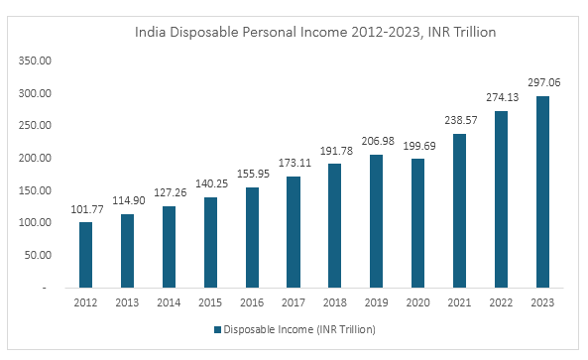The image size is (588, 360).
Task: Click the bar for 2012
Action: tap(86, 255)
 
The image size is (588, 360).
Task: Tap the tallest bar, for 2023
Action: tap(541, 191)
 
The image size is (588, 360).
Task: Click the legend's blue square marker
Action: tap(215, 328)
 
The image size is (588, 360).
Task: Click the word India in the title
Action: tap(150, 33)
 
